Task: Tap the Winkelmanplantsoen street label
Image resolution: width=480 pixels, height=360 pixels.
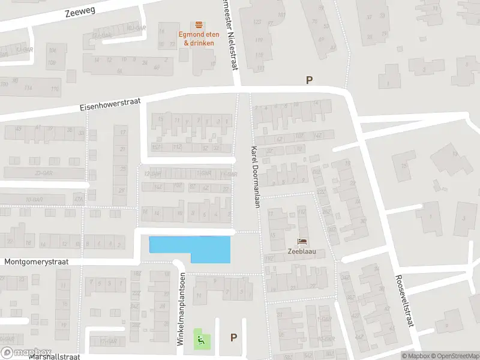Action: [x=180, y=308]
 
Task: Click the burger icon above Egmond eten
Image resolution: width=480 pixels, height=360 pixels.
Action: [x=199, y=25]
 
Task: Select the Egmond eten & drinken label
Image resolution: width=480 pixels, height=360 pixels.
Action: [x=199, y=38]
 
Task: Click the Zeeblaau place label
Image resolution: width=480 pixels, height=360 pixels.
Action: [x=304, y=253]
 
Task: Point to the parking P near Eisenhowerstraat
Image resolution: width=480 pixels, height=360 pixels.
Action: [x=310, y=80]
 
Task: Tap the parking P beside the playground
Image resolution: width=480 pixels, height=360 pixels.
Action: [x=233, y=338]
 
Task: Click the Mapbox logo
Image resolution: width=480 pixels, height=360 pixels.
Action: [x=26, y=353]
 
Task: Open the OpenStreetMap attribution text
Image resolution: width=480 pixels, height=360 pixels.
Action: [x=454, y=356]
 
